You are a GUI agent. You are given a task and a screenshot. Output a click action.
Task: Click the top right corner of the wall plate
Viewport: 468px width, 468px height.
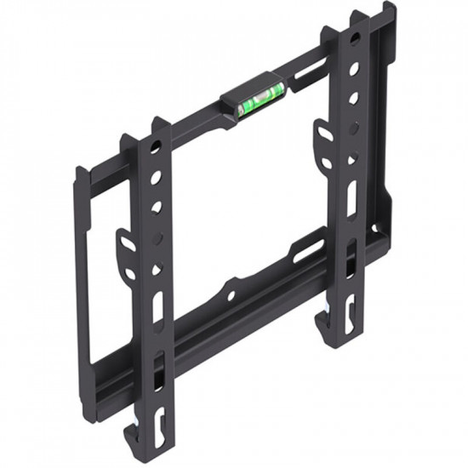tap(391, 9)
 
